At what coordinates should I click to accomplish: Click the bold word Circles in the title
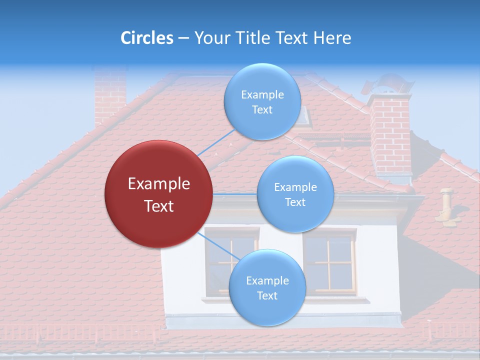146,38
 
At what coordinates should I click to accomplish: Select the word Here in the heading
332,38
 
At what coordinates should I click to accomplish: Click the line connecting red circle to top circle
216,142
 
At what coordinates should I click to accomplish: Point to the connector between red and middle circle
235,193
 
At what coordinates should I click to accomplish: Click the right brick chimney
390,135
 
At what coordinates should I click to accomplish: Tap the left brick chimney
110,95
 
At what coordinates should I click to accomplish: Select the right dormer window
329,262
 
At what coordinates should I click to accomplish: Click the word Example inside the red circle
159,184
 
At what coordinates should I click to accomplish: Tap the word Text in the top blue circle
262,110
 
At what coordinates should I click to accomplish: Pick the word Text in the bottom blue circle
267,295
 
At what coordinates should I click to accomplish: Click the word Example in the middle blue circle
295,187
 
